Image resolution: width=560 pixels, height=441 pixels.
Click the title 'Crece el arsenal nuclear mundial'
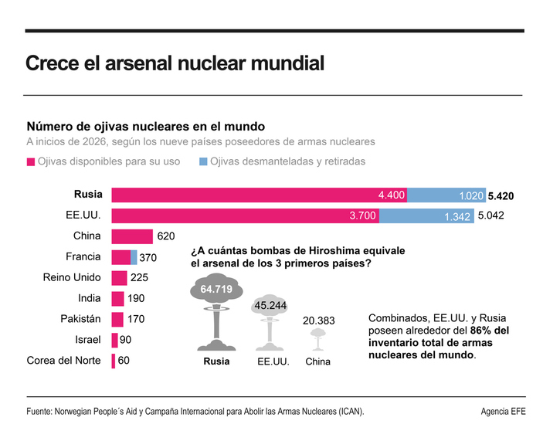point(175,63)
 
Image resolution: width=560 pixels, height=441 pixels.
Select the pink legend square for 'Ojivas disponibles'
point(31,162)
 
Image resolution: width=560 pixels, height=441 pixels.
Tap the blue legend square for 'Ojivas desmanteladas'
point(203,162)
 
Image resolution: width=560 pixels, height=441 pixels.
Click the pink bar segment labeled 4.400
point(259,195)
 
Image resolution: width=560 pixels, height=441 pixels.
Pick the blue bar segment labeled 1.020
point(446,195)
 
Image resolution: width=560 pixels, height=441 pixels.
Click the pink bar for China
point(132,236)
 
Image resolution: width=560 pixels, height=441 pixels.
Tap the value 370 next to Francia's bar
point(148,258)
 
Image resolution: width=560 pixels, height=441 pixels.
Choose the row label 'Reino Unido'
point(72,277)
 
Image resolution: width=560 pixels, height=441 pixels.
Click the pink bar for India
point(117,298)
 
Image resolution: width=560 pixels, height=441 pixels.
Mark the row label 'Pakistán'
point(81,318)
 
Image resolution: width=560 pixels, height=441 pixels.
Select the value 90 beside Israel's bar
point(124,340)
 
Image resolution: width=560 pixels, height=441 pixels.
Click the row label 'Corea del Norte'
point(64,360)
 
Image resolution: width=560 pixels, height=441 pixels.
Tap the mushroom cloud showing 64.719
point(216,309)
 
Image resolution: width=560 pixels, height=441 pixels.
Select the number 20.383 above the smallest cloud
point(317,320)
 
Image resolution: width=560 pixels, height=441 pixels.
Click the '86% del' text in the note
point(490,331)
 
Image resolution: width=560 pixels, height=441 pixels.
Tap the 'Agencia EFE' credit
point(503,412)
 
